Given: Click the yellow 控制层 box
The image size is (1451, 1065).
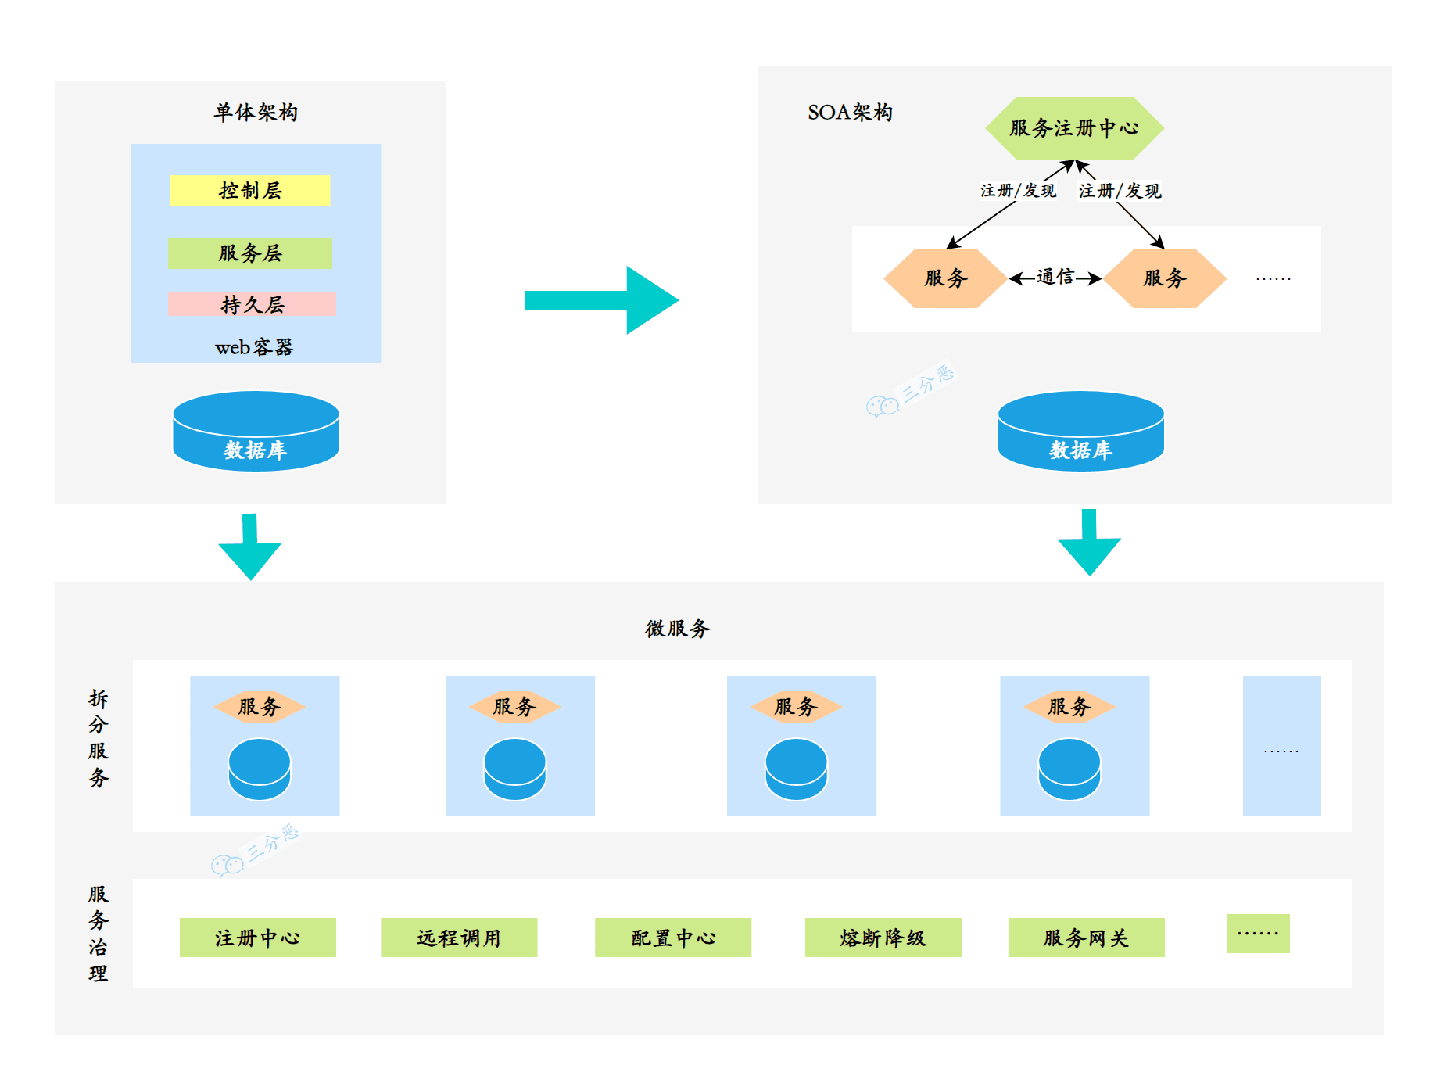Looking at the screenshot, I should [250, 191].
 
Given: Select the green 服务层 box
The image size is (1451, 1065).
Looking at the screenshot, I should [250, 253].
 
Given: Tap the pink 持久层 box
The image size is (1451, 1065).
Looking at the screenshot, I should [252, 304].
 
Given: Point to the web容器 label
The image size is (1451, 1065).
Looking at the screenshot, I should [254, 347].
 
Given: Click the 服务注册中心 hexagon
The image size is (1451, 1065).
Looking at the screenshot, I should [1074, 128].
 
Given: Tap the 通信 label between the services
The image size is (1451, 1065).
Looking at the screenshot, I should [1055, 277].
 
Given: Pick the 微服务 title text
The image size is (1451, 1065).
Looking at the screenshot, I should [677, 629].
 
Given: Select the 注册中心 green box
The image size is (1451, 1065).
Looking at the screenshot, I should [258, 938].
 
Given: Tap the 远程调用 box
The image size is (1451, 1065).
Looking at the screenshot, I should [459, 938].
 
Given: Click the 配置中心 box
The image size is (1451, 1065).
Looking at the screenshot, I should [673, 938].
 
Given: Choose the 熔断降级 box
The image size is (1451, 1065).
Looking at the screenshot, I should [883, 938].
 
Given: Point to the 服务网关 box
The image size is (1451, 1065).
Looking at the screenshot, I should [1087, 938].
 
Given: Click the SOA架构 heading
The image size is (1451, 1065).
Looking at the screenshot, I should [850, 113].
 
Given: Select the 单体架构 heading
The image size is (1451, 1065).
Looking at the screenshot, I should [256, 113].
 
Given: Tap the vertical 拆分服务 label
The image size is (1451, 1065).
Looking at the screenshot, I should [98, 738].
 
